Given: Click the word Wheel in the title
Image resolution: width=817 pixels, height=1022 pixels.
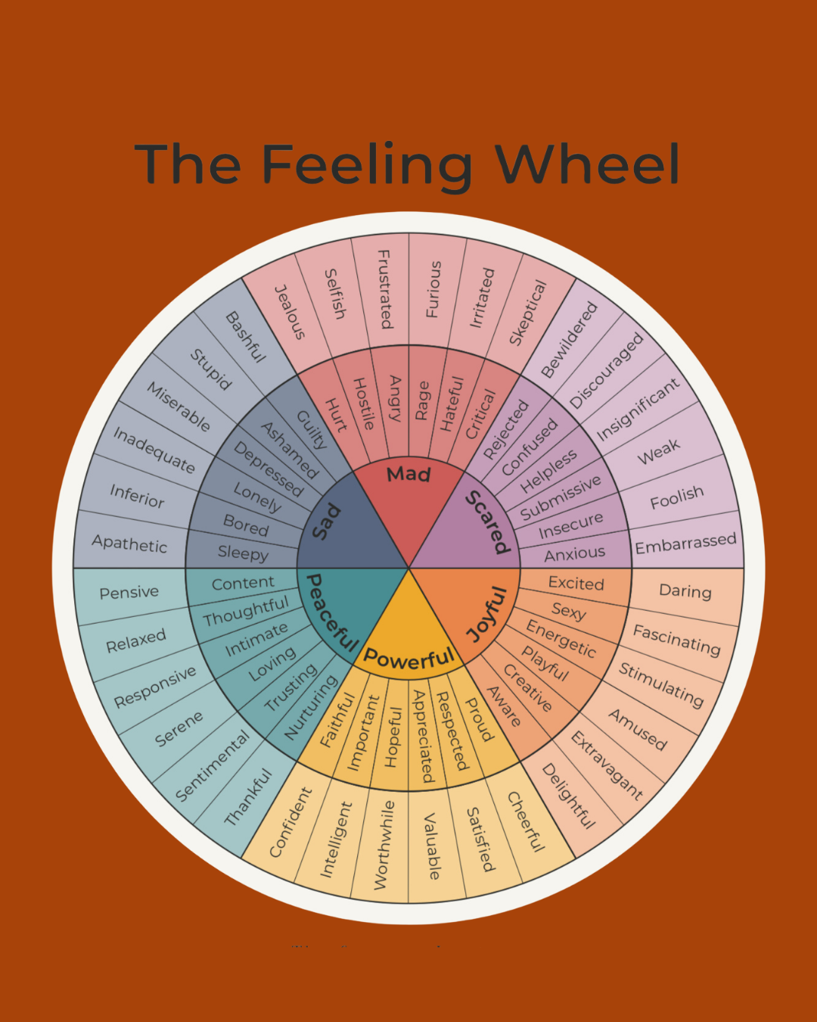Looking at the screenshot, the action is [x=587, y=163].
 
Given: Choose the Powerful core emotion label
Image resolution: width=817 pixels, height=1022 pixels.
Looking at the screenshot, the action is [x=409, y=659].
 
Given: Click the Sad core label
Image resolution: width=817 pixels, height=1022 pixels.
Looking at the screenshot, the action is [x=327, y=522].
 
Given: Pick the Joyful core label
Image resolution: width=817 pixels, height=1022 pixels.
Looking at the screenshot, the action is [x=486, y=614].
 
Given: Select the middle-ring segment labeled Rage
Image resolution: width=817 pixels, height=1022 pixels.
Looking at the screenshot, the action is [x=422, y=400].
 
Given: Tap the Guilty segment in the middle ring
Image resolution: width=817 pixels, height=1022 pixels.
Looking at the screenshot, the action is [x=312, y=430].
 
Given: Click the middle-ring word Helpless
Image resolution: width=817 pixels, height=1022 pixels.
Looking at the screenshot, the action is [x=548, y=471].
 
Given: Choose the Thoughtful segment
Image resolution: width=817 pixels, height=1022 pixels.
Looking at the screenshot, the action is [x=246, y=612].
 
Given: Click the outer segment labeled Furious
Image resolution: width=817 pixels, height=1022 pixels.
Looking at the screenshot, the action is [x=433, y=289].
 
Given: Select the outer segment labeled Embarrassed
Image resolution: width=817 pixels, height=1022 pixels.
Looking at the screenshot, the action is [x=686, y=544].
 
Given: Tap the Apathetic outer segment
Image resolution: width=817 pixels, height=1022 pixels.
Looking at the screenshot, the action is [x=129, y=544].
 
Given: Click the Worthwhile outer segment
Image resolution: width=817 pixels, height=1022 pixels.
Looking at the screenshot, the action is [x=384, y=846].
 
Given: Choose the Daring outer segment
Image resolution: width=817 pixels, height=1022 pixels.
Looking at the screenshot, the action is [x=685, y=591].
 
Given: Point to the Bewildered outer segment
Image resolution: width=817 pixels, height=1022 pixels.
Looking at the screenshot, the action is [x=569, y=340].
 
